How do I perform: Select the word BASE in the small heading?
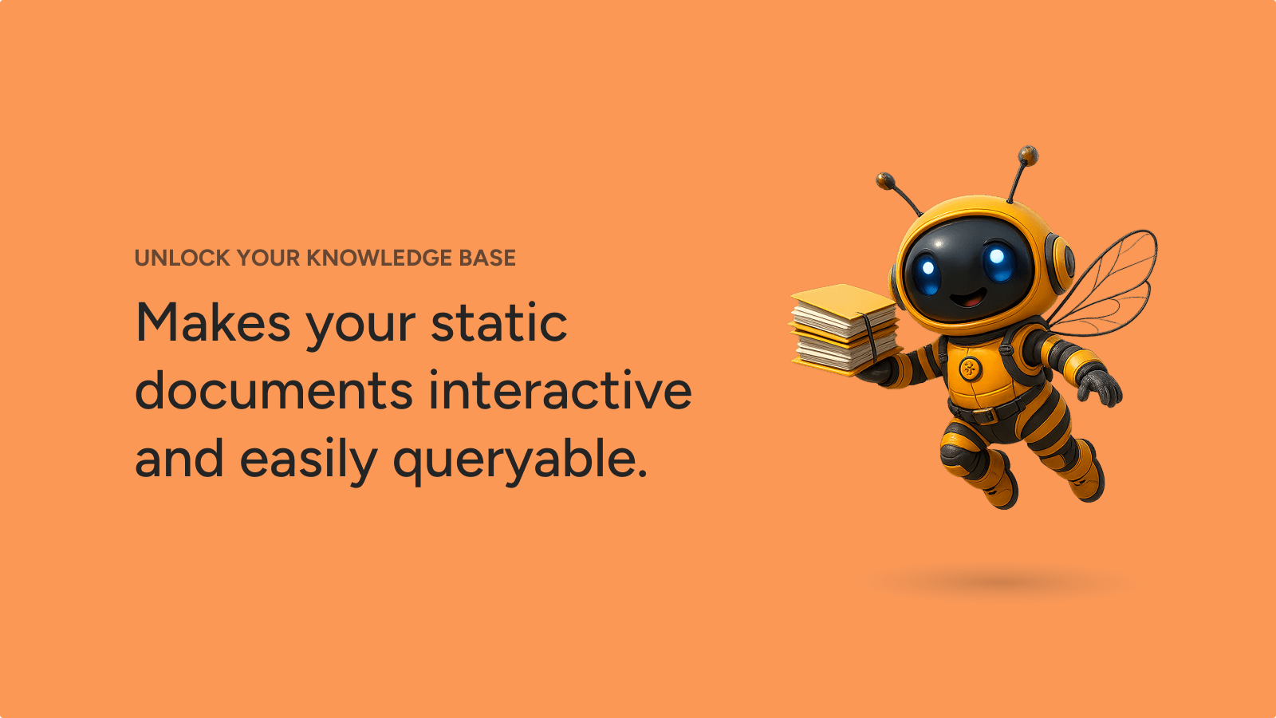[x=487, y=258]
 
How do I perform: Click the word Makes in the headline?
[x=213, y=323]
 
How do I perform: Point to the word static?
[x=499, y=322]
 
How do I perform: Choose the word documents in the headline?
[x=274, y=390]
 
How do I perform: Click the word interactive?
[x=560, y=390]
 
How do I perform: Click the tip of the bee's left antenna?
[x=884, y=180]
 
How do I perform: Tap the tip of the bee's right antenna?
[x=1028, y=155]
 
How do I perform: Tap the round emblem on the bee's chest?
[x=970, y=369]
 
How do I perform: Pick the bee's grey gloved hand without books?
[x=1101, y=386]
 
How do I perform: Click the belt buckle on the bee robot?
[x=984, y=415]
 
